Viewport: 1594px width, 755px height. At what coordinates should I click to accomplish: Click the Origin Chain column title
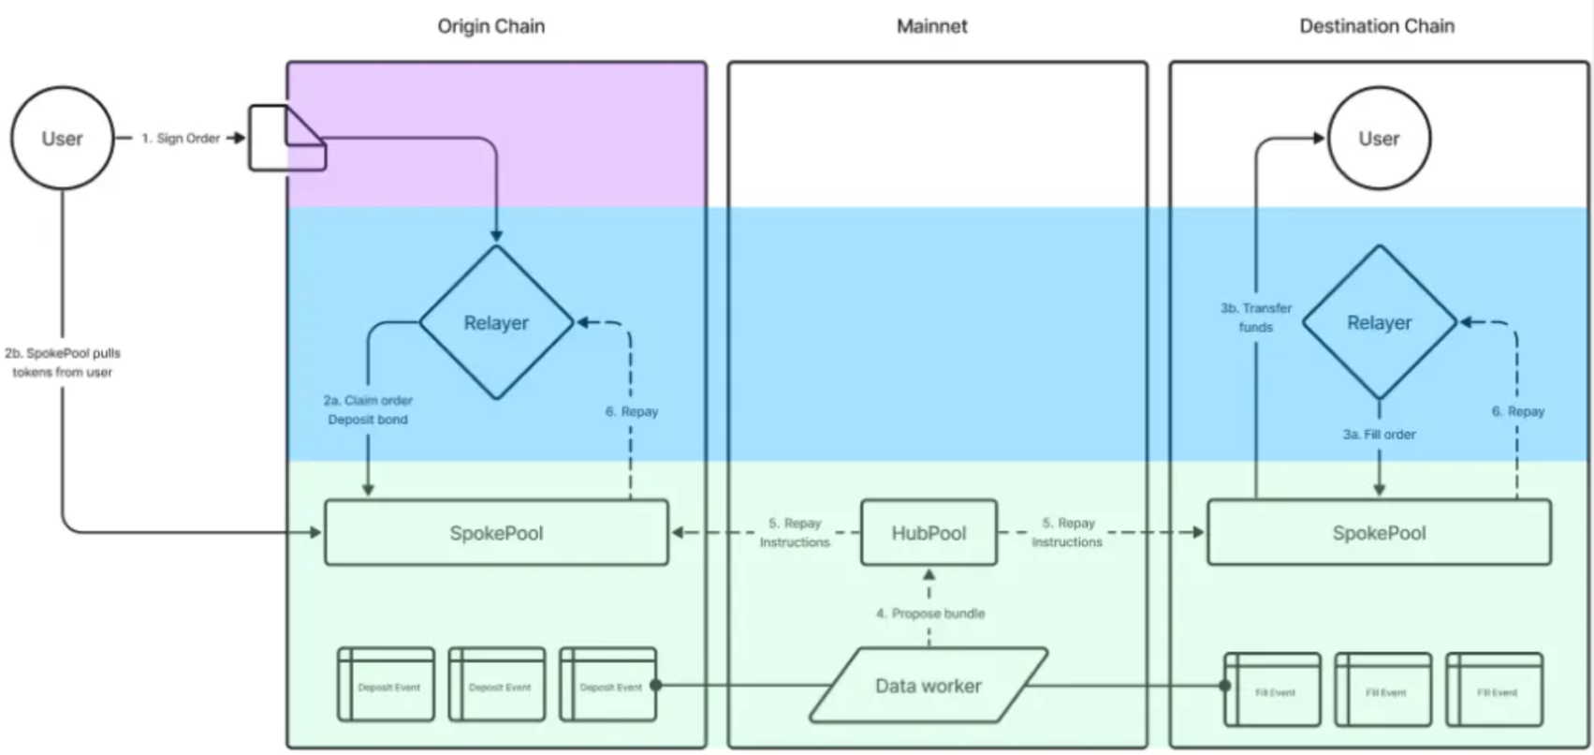point(490,26)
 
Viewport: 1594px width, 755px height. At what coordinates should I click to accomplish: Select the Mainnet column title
point(931,26)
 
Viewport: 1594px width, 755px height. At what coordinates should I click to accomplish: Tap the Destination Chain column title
point(1376,26)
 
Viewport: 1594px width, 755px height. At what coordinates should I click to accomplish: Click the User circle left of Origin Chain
point(62,139)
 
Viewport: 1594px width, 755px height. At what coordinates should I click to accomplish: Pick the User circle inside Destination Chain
point(1379,139)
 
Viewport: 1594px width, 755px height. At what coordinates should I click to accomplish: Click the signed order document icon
point(286,139)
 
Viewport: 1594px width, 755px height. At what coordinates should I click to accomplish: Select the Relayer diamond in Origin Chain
point(496,322)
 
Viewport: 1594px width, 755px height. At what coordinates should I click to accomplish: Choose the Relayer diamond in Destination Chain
point(1379,322)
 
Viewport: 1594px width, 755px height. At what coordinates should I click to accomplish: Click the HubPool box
point(929,533)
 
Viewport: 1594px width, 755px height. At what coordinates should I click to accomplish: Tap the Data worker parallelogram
point(929,686)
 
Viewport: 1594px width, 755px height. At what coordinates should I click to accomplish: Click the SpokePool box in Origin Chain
point(496,533)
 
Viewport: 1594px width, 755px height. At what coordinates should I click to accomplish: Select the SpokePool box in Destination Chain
point(1379,533)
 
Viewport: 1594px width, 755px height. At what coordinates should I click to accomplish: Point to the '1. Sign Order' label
point(181,139)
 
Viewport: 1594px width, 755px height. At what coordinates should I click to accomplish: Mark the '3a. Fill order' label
point(1379,435)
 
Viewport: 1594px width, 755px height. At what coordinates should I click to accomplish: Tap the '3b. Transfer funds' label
point(1255,318)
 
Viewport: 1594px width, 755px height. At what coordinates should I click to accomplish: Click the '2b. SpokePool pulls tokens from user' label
point(63,363)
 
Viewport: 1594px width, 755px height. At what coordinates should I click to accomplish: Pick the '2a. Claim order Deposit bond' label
point(368,410)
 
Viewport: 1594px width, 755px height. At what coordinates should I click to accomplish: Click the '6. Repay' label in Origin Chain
point(632,411)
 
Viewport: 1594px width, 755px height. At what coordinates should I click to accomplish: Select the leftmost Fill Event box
point(1272,690)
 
